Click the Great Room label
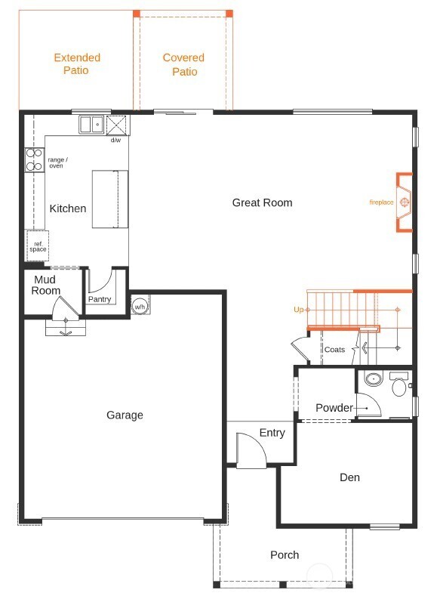(262, 202)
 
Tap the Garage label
(125, 415)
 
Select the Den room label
(349, 477)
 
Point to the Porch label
(285, 555)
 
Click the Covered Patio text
(183, 64)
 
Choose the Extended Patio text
(77, 63)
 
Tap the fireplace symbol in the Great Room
(405, 202)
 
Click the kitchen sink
(92, 124)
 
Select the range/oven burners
(35, 160)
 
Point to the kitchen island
(110, 199)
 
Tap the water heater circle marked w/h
(140, 307)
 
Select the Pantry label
(100, 299)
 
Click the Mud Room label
(46, 285)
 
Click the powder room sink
(371, 379)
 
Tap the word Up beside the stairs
(298, 310)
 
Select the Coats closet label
(334, 350)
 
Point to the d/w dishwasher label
(115, 140)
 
